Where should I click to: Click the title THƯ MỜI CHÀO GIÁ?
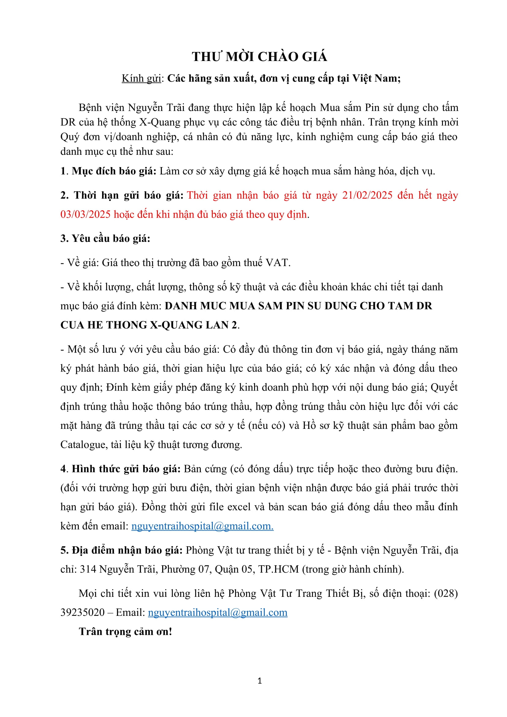tap(259, 57)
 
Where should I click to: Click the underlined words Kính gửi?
tap(141, 78)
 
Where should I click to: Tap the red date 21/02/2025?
tap(367, 195)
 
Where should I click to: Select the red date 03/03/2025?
tap(86, 214)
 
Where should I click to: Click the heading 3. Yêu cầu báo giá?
tap(105, 238)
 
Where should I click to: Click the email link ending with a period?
tap(202, 526)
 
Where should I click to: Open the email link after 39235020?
tap(218, 612)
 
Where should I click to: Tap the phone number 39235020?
tap(82, 612)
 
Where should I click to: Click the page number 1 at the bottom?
tap(260, 681)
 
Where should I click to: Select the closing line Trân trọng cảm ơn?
tap(125, 631)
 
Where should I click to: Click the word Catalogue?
tap(83, 444)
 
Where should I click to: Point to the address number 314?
tap(88, 569)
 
